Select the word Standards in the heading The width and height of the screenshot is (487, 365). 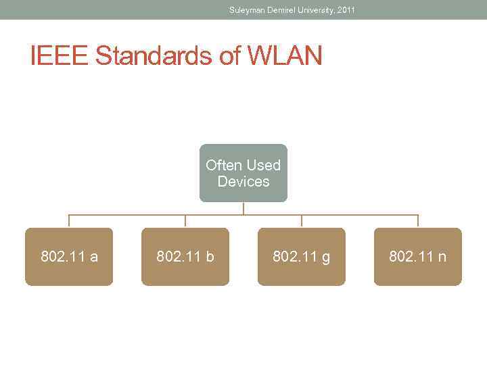tap(154, 57)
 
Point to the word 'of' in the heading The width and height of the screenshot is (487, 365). tap(229, 57)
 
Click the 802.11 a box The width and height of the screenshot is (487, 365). tap(69, 257)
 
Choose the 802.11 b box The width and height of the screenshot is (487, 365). tap(185, 257)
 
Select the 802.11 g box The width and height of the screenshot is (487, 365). tap(302, 257)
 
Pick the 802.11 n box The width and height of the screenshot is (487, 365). tap(418, 257)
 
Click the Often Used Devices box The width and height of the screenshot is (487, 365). tap(243, 173)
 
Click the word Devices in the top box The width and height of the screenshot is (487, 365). tap(243, 181)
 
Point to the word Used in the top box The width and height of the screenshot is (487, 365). tap(263, 165)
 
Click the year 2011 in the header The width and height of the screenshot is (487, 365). tap(346, 9)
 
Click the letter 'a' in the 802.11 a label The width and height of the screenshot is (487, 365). tap(93, 257)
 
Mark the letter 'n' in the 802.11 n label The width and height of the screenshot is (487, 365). tap(442, 257)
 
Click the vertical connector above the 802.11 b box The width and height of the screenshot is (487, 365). tap(185, 221)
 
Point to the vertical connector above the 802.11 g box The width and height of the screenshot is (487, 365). tap(302, 221)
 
